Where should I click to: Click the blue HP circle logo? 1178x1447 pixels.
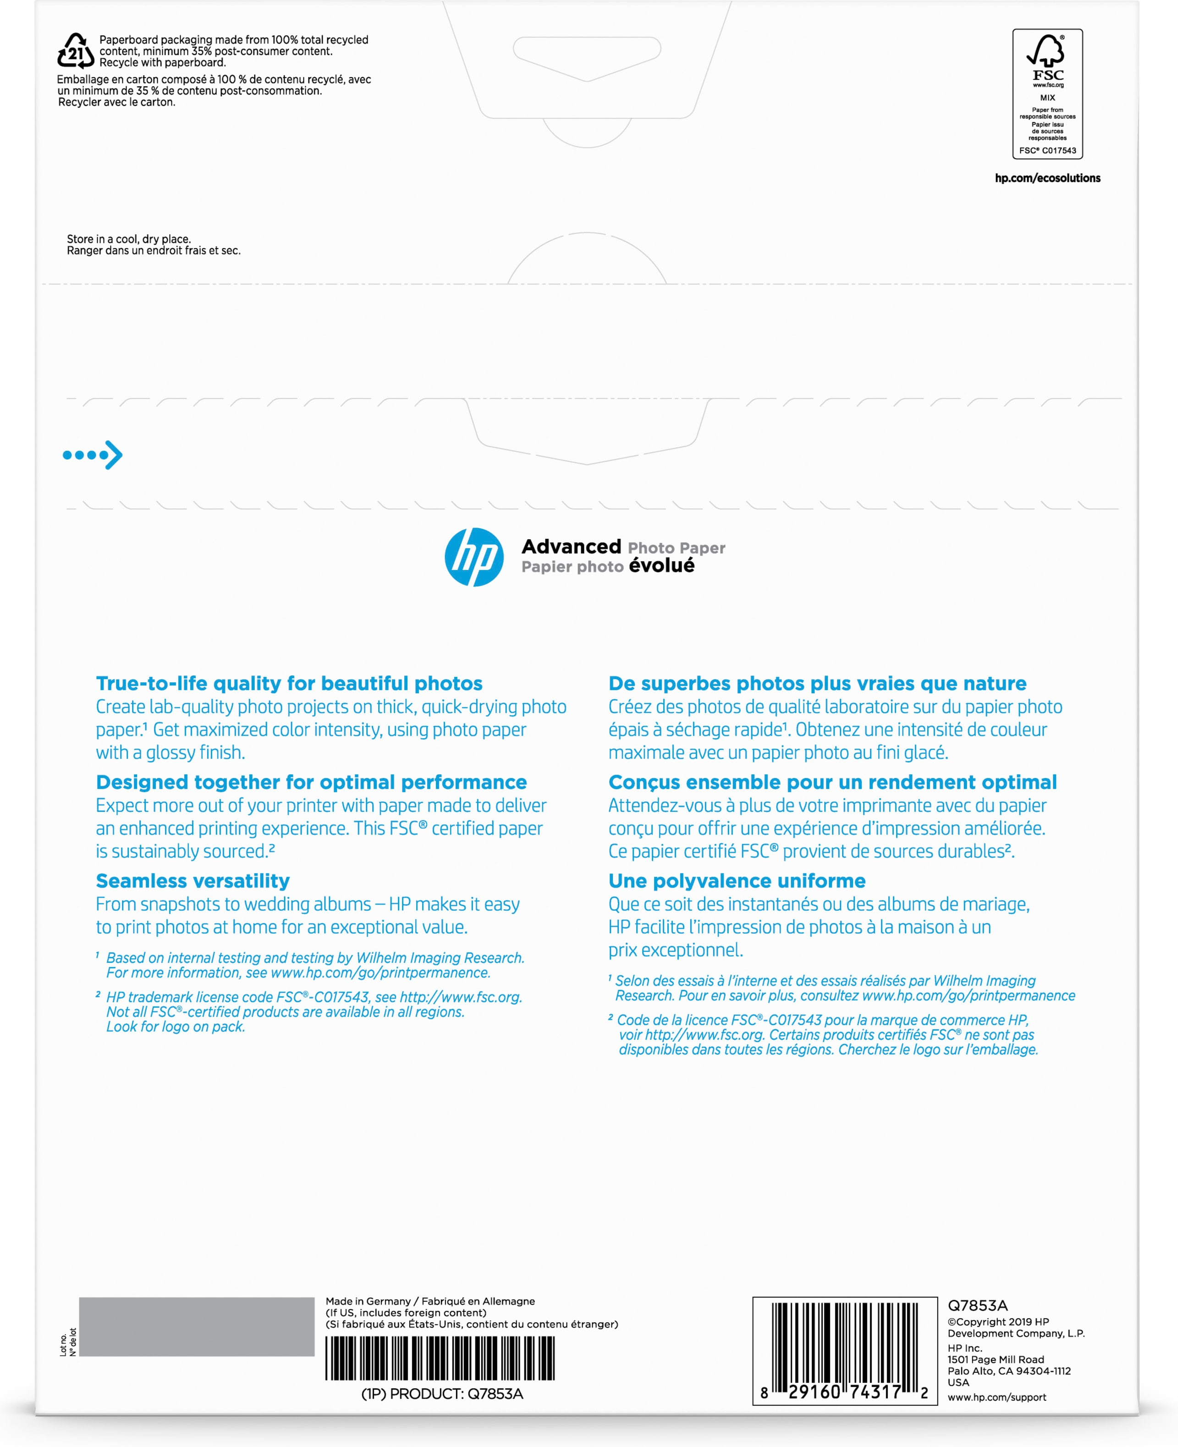[x=473, y=557]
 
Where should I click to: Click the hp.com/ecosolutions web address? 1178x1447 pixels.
[x=1047, y=178]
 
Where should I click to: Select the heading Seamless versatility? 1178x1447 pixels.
[x=193, y=880]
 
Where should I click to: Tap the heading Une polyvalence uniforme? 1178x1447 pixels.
[x=737, y=880]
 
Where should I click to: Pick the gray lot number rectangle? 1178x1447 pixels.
[x=197, y=1326]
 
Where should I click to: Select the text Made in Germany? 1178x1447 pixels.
[x=368, y=1301]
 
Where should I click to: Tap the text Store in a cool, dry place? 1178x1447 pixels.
[x=129, y=239]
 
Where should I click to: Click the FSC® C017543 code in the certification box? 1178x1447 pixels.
[x=1047, y=151]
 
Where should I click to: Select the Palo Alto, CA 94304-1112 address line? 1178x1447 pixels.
[x=1009, y=1370]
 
